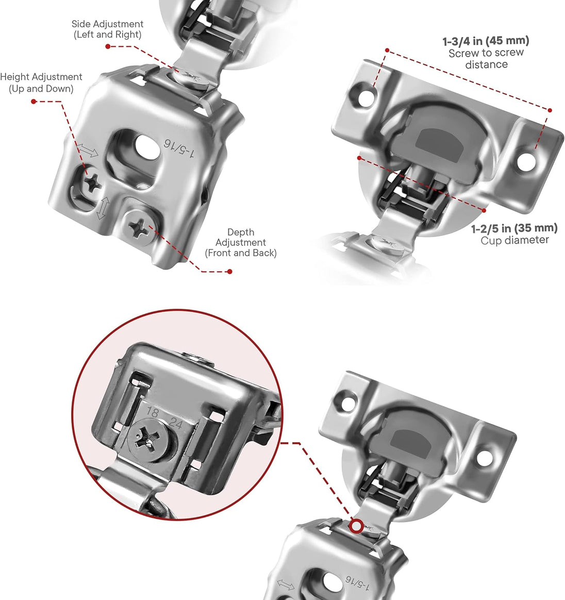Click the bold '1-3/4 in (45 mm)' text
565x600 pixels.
tap(486, 41)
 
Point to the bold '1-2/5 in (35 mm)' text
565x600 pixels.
tap(514, 228)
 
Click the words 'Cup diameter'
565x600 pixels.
tap(514, 240)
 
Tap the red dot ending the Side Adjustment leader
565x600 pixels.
tap(108, 46)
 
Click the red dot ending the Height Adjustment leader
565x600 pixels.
tap(34, 102)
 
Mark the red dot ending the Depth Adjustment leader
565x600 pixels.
tap(230, 271)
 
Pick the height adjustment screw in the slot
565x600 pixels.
tap(93, 182)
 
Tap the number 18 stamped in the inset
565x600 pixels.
tap(153, 412)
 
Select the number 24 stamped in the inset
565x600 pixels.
tap(176, 424)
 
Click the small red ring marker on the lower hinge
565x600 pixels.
tap(356, 527)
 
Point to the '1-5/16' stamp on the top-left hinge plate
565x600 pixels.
tap(179, 148)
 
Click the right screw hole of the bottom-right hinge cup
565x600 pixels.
tap(484, 457)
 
